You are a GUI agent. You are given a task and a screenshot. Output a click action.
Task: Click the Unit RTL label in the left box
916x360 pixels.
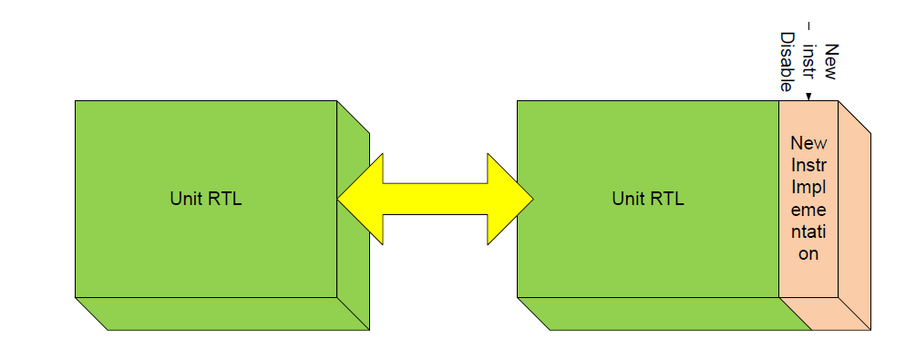[206, 200]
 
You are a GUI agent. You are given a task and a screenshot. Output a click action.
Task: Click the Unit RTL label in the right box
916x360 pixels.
[648, 200]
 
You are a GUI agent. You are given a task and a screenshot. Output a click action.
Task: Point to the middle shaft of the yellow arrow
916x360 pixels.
[436, 199]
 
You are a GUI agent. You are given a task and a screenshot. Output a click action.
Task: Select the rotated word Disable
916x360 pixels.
[787, 61]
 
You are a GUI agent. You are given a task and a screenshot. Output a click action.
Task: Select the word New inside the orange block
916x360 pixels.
[808, 143]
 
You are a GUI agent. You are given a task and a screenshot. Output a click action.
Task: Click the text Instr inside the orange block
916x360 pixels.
[808, 165]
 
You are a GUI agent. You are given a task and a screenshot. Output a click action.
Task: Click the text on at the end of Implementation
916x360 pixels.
[808, 254]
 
